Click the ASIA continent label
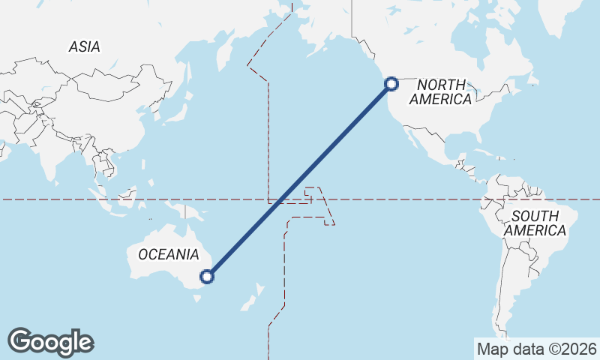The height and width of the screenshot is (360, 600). [84, 46]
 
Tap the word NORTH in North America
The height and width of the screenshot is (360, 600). [442, 85]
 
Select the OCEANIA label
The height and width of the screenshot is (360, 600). [169, 254]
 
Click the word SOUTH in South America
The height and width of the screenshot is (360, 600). [535, 217]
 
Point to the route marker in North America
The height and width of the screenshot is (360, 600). [391, 84]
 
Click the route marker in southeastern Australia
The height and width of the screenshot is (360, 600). [208, 277]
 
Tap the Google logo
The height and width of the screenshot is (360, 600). [50, 342]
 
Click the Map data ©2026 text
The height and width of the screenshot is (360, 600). [536, 349]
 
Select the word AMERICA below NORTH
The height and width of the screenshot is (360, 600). [441, 100]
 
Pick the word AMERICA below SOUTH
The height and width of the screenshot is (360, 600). [535, 231]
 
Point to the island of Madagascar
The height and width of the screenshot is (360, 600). [2, 154]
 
